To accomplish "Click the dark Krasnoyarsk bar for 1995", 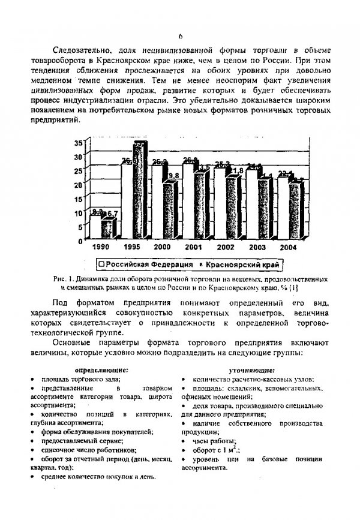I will click(x=139, y=192).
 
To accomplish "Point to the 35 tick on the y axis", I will click(x=78, y=143).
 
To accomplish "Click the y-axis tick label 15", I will click(x=78, y=199).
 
